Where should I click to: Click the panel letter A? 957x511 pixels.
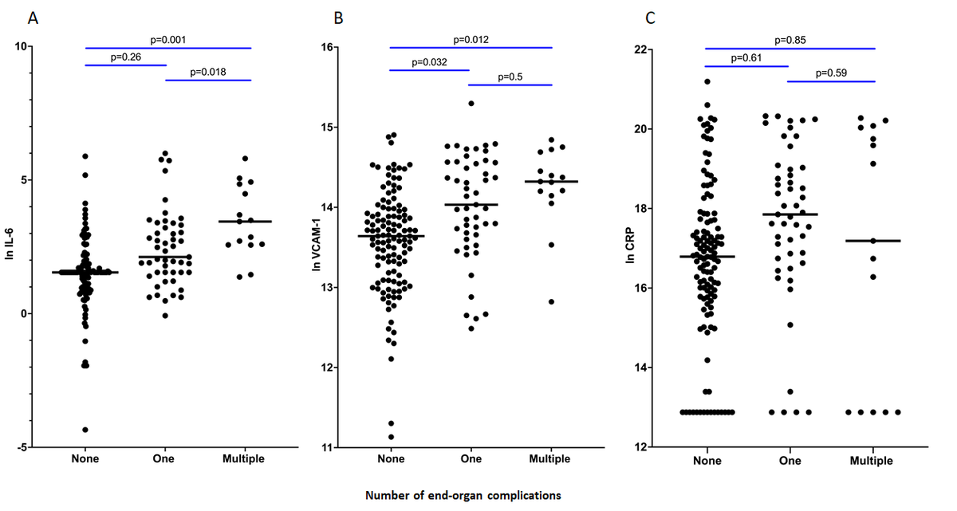coord(33,17)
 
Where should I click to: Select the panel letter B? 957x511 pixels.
coord(338,17)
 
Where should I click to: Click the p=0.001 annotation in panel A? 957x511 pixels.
coord(168,39)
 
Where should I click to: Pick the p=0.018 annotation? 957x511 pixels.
coord(207,73)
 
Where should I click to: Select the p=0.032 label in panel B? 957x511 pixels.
coord(430,61)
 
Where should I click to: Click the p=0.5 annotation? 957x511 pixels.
coord(510,77)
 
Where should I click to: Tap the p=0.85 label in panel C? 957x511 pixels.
coord(790,39)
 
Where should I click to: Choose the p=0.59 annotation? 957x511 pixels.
coord(831,73)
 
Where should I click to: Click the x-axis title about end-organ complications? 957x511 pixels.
coord(463,495)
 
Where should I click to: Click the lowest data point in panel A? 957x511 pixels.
coord(85,430)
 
